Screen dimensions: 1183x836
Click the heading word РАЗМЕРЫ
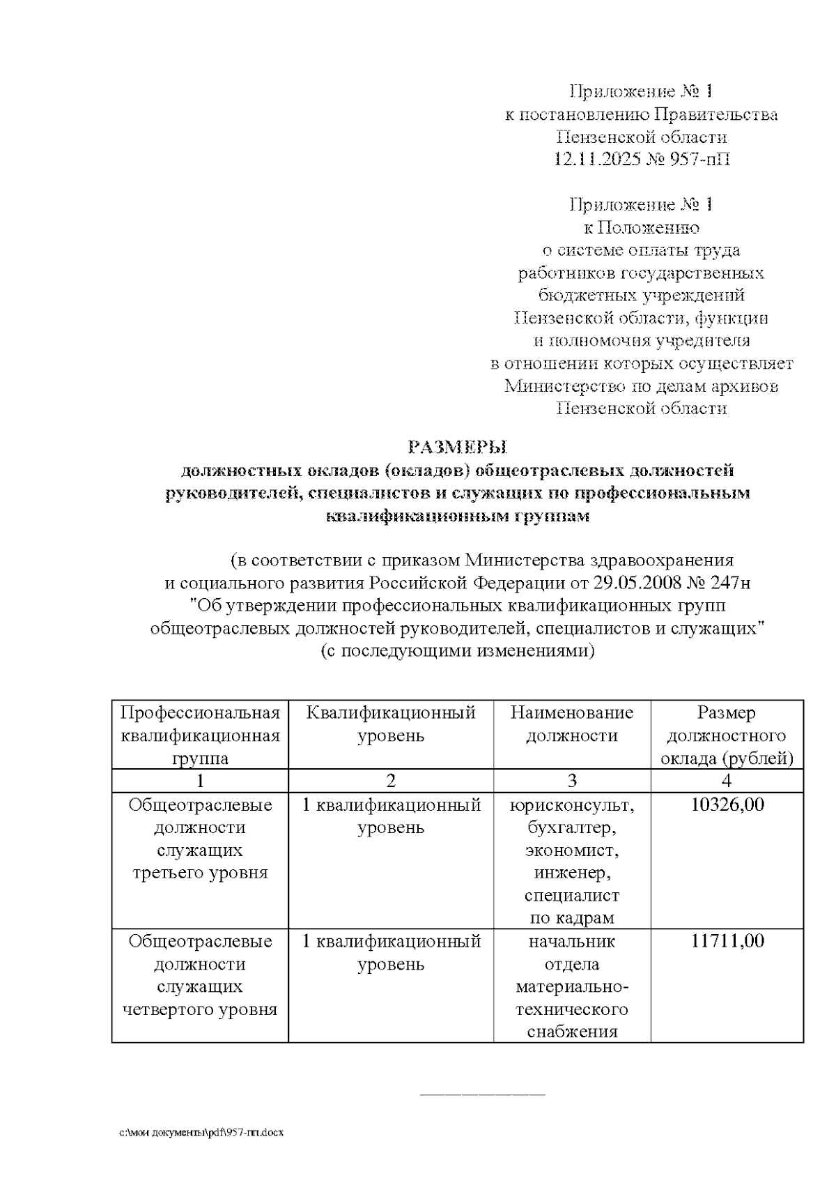[458, 446]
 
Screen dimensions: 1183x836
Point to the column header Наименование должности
[572, 724]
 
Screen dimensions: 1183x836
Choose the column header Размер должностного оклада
[727, 735]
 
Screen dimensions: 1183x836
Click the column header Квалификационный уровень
[391, 724]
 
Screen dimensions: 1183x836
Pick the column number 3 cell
[572, 780]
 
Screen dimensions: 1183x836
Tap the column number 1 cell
[200, 780]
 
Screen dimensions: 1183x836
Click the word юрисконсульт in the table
[572, 805]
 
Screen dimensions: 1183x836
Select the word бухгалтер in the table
[572, 828]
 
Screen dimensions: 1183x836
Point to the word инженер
[572, 873]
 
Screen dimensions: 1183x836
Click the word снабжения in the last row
[572, 1032]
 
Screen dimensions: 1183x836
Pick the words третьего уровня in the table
[200, 873]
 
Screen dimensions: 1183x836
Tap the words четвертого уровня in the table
[200, 1009]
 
